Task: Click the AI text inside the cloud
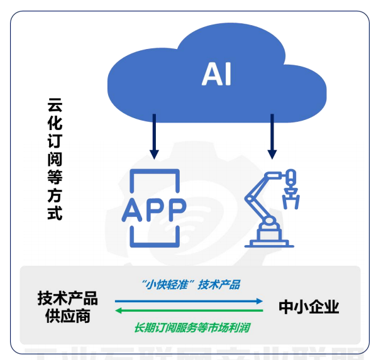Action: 216,75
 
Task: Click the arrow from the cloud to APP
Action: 153,135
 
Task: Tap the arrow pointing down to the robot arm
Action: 272,135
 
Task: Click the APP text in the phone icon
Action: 154,208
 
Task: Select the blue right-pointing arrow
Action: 189,302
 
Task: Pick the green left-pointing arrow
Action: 189,311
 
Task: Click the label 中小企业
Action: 309,307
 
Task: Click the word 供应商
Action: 67,316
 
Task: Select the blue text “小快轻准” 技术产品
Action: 188,285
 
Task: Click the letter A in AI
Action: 211,75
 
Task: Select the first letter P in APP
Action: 155,208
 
